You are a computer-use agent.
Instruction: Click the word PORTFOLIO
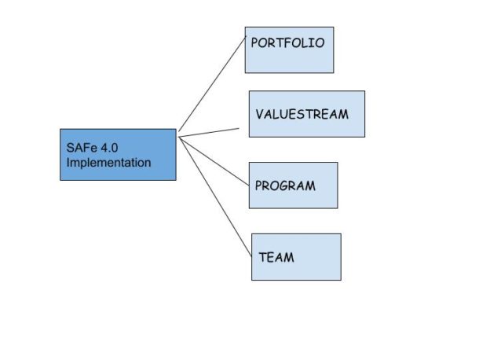[x=287, y=43]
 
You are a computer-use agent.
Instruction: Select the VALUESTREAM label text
[x=302, y=114]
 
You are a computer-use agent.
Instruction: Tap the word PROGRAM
[x=285, y=186]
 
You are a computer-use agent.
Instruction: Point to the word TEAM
[x=276, y=256]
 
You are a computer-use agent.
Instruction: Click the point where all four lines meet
[x=180, y=136]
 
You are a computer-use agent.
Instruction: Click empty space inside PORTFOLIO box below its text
[x=289, y=61]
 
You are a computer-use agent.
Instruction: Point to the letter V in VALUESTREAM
[x=260, y=114]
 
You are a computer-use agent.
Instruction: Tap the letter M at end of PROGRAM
[x=310, y=186]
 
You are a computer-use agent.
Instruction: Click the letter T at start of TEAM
[x=263, y=256]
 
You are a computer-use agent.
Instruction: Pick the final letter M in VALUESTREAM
[x=342, y=114]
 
